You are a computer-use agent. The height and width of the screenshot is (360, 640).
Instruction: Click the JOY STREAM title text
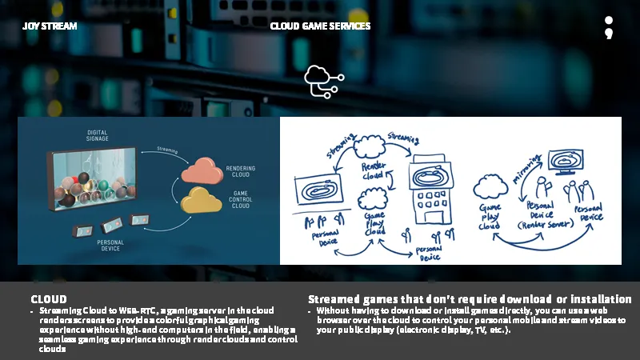(x=50, y=26)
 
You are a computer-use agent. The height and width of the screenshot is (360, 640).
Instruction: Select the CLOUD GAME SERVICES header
(x=320, y=26)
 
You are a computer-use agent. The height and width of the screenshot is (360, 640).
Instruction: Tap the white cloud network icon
(x=322, y=82)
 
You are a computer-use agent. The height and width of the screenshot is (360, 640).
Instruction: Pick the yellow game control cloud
(x=202, y=199)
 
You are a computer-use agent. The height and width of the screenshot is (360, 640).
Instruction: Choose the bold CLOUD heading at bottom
(x=49, y=299)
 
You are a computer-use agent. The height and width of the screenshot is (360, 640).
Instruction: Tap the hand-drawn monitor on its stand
(x=574, y=159)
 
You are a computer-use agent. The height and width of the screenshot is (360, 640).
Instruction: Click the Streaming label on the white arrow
(x=167, y=149)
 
